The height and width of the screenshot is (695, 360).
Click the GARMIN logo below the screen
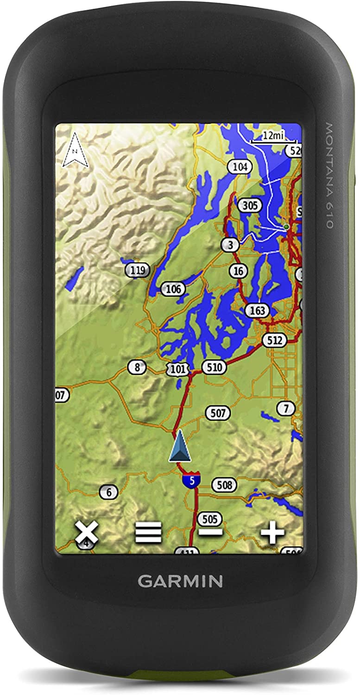180,581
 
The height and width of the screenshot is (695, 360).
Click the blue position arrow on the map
180,447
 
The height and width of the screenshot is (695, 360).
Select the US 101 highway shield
178,369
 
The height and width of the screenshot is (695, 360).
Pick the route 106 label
173,290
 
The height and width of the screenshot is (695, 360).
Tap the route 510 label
214,368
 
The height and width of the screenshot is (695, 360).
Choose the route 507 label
218,413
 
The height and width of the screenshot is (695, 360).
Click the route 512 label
274,341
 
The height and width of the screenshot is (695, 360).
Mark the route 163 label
257,310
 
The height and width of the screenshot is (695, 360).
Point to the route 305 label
250,206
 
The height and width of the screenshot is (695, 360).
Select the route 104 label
240,167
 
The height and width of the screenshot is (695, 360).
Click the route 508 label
224,485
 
